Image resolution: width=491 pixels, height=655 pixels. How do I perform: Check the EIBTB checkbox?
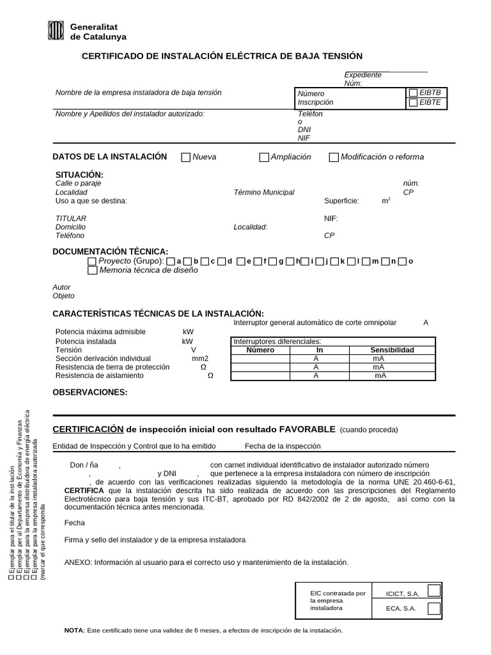coord(413,93)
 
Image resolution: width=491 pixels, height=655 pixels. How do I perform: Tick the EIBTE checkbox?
coord(413,102)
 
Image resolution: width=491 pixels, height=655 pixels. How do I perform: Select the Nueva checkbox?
coord(186,157)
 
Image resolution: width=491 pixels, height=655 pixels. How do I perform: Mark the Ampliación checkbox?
coord(263,157)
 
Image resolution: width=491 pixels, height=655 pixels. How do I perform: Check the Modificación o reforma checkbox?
coord(333,157)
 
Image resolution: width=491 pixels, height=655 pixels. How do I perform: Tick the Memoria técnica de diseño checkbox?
coord(92,271)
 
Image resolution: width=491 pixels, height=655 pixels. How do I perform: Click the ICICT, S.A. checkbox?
coord(434,590)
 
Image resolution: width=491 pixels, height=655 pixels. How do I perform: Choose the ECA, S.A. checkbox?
coord(434,608)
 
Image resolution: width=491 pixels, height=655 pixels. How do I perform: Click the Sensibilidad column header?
coord(392,351)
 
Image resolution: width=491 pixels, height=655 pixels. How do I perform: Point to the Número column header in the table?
coord(260,351)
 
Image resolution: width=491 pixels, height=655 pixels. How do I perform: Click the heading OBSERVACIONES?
coord(90,392)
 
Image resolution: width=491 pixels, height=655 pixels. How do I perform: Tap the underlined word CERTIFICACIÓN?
coord(87,429)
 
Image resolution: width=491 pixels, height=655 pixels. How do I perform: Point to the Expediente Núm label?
coord(362,79)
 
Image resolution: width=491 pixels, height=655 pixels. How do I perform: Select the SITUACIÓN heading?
coord(79,175)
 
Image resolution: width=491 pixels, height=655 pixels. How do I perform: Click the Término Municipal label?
coord(264,193)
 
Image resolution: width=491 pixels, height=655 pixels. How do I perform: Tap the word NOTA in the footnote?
coord(74,631)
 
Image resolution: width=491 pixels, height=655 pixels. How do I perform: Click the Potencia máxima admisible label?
coord(100,332)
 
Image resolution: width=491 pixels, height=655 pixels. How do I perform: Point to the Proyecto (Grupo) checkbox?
coord(92,261)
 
